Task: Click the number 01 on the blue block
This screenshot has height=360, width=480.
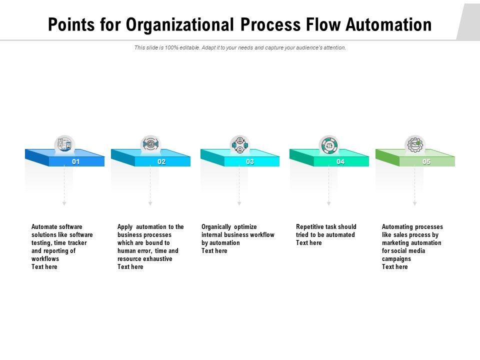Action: tap(76, 161)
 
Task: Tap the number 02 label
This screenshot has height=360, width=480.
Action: tap(161, 161)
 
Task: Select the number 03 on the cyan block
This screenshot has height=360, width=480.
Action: tap(250, 161)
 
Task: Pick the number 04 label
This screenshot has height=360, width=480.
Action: tap(340, 161)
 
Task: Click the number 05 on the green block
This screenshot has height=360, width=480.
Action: tap(426, 161)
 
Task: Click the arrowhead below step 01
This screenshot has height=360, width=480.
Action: tap(64, 203)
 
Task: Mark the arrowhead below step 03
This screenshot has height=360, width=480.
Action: tap(239, 203)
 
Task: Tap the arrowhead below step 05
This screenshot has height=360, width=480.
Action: tap(414, 203)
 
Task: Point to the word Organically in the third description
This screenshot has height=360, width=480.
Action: tap(216, 226)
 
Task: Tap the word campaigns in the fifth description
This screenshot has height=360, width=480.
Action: tap(396, 258)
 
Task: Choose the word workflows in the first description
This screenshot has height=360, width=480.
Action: tap(45, 258)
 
